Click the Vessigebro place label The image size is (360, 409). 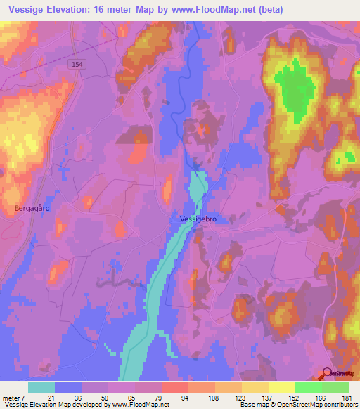[197, 220]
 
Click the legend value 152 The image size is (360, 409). [295, 398]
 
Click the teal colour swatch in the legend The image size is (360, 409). [41, 387]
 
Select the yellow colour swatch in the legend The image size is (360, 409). [282, 387]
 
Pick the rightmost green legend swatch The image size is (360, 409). [335, 387]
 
